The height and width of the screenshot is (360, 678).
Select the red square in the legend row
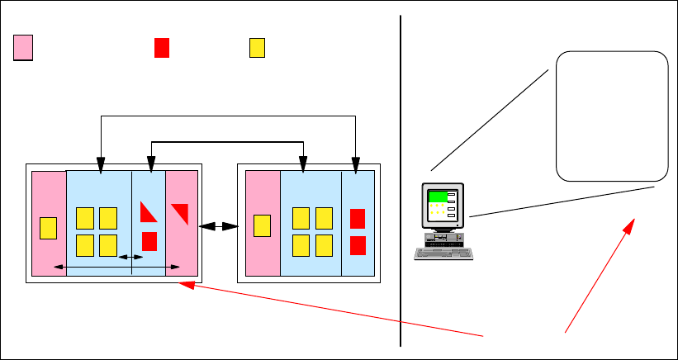coord(162,48)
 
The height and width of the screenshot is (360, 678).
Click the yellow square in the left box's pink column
coord(49,227)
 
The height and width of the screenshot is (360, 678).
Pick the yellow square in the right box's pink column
coord(263,225)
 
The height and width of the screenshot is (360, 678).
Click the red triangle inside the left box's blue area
coord(148,213)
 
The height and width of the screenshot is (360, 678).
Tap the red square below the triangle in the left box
coord(149,241)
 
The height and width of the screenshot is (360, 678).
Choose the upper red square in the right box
coord(357,219)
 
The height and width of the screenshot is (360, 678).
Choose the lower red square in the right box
coord(357,245)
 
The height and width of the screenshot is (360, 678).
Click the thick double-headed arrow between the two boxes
coord(218,225)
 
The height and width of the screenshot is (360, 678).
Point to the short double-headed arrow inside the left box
coord(130,258)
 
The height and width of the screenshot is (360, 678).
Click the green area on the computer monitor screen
coord(438,197)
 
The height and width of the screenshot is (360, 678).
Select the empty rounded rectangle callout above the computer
coord(612,116)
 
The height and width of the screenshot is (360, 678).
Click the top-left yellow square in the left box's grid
coord(85,218)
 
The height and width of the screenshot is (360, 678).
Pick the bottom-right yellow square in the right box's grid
coord(324,245)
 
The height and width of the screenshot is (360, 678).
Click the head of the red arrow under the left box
coord(183,285)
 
